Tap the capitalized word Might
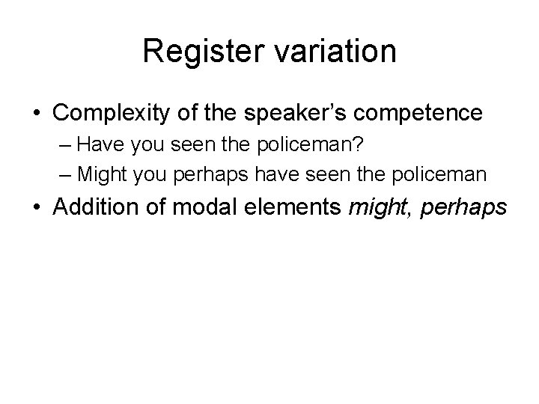pos(100,174)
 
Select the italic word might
pos(381,208)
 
